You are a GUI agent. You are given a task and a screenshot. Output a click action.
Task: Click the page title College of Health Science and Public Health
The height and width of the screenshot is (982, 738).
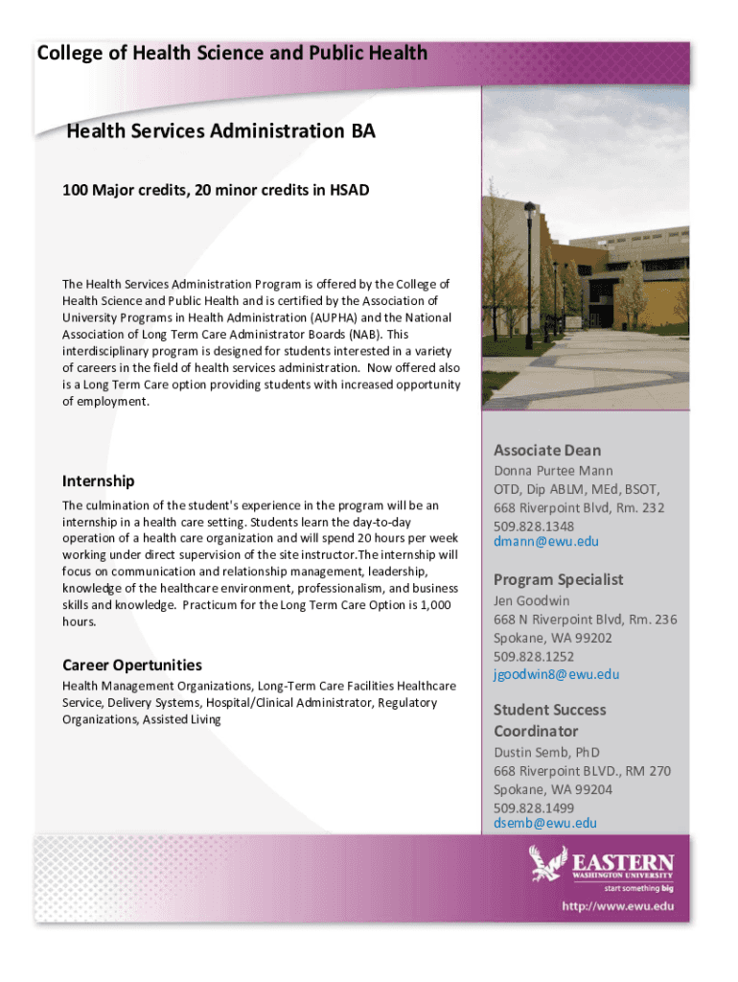pyautogui.click(x=232, y=54)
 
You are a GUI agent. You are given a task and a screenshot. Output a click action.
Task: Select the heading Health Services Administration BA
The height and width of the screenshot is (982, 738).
pyautogui.click(x=220, y=131)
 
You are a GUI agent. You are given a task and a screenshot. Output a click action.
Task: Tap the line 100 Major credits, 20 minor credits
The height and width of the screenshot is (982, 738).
pyautogui.click(x=216, y=190)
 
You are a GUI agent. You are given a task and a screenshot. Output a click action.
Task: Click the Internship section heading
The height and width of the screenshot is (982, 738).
pyautogui.click(x=98, y=480)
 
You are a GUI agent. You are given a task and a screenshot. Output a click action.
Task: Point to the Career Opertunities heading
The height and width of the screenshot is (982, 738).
pyautogui.click(x=132, y=665)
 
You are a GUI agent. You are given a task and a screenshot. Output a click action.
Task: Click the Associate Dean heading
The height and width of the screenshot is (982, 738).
pyautogui.click(x=547, y=450)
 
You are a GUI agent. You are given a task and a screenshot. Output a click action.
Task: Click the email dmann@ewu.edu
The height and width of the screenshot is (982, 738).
pyautogui.click(x=545, y=542)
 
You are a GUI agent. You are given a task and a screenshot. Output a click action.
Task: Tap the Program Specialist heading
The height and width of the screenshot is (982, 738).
pyautogui.click(x=558, y=579)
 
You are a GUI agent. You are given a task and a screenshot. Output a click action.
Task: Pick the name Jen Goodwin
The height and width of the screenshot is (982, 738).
pyautogui.click(x=532, y=600)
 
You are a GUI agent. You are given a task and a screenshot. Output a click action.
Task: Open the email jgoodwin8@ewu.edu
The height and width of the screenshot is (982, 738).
pyautogui.click(x=556, y=674)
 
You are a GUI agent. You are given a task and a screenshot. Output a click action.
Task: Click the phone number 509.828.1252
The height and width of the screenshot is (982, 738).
pyautogui.click(x=534, y=656)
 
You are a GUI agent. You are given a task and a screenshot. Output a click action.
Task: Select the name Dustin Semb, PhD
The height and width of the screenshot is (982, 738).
pyautogui.click(x=546, y=752)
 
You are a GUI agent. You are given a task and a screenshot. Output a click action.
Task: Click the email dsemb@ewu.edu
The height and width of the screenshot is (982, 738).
pyautogui.click(x=544, y=823)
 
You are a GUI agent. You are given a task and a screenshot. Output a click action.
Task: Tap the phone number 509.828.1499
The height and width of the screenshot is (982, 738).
pyautogui.click(x=534, y=807)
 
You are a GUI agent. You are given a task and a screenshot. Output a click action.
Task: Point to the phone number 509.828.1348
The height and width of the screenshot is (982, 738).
pyautogui.click(x=534, y=526)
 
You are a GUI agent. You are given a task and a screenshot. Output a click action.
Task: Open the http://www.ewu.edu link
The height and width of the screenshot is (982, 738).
pyautogui.click(x=617, y=906)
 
